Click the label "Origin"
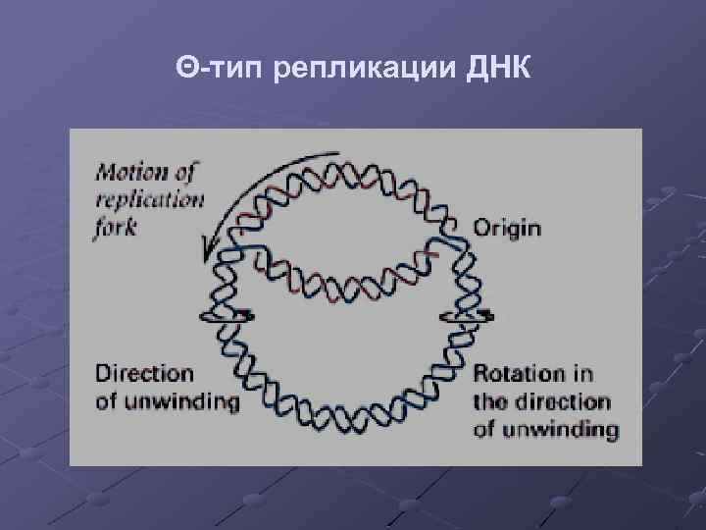pyautogui.click(x=507, y=228)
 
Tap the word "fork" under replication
pyautogui.click(x=117, y=226)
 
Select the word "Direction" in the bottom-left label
pyautogui.click(x=144, y=373)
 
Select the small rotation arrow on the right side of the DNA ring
pyautogui.click(x=469, y=315)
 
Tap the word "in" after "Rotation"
pyautogui.click(x=582, y=374)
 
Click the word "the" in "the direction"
pyautogui.click(x=489, y=401)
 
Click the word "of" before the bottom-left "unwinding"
pyautogui.click(x=107, y=400)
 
